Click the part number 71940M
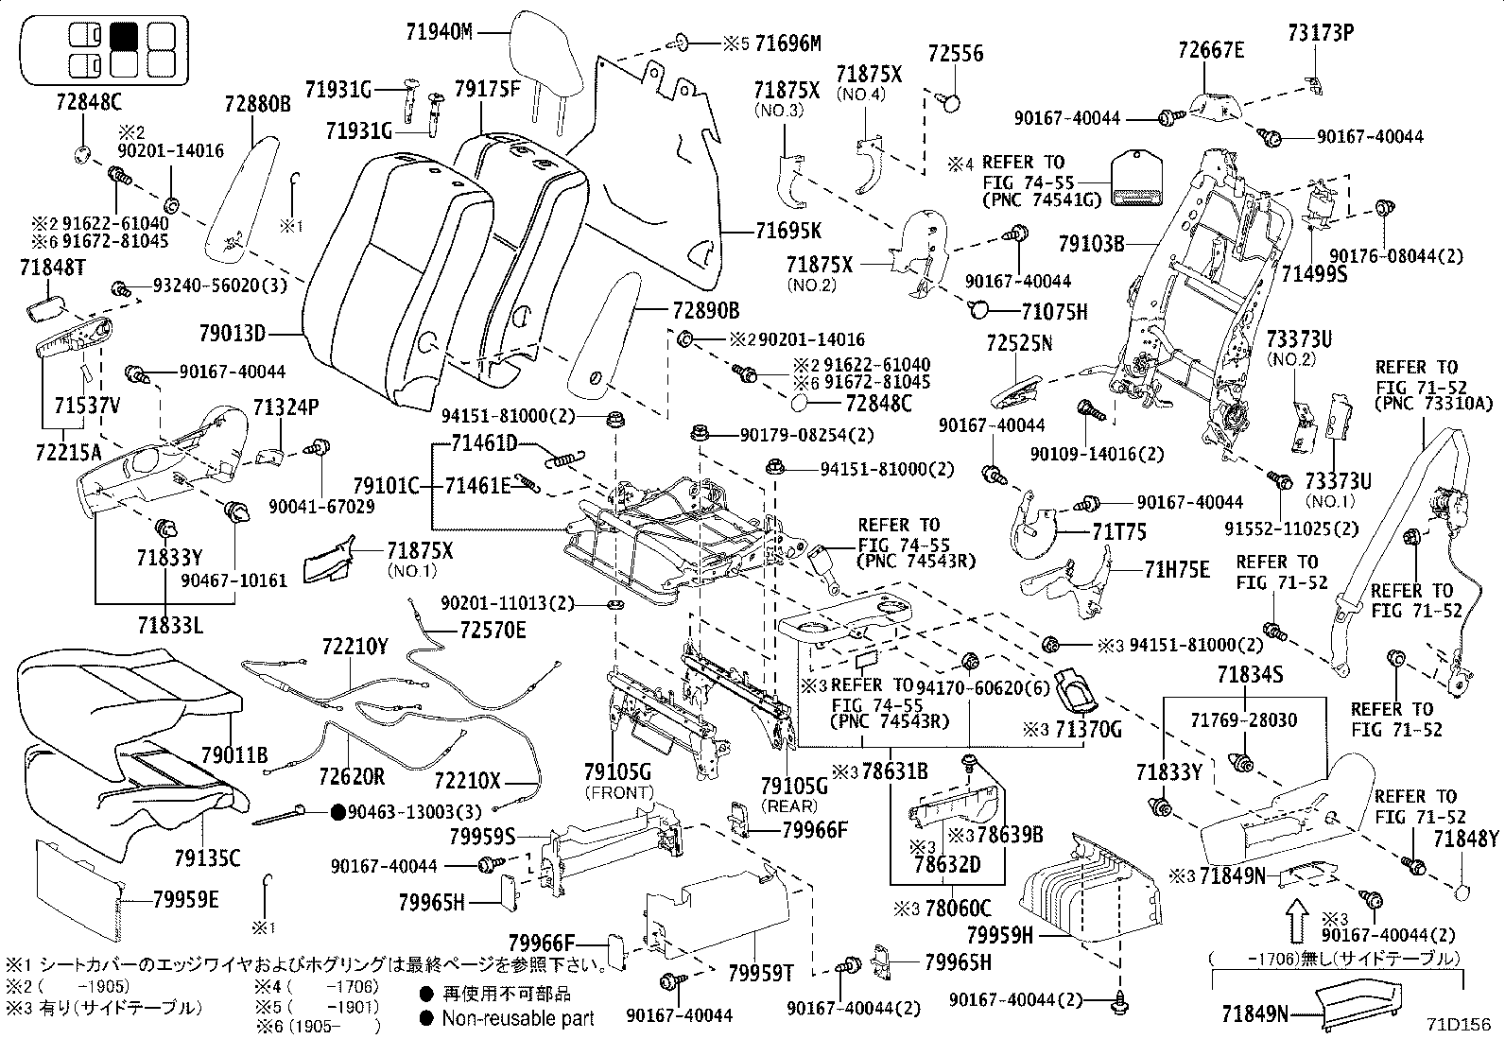click(x=439, y=32)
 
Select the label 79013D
click(x=233, y=333)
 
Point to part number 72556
click(x=955, y=53)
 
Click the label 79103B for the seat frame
click(x=1091, y=244)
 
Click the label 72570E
click(x=493, y=630)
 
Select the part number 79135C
click(x=207, y=857)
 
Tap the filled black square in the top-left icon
click(x=126, y=36)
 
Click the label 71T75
click(x=1119, y=532)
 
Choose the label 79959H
click(x=1000, y=936)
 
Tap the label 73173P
click(x=1321, y=33)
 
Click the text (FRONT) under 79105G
click(x=620, y=792)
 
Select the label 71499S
click(x=1314, y=273)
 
